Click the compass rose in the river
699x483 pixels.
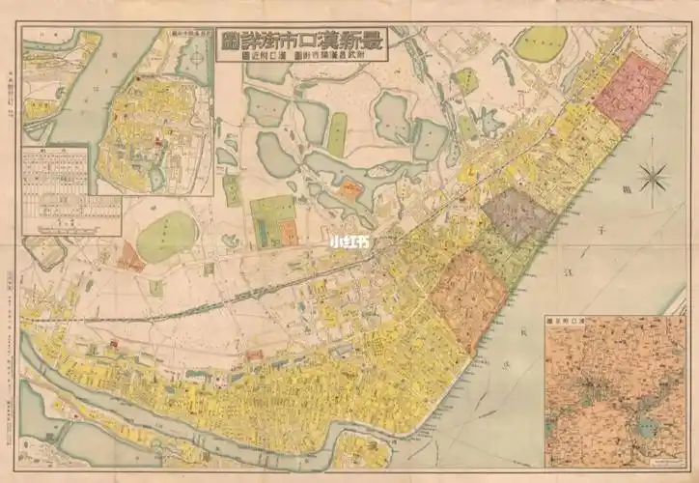click(654, 178)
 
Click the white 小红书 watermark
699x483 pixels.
click(349, 243)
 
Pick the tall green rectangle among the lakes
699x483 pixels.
click(337, 134)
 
